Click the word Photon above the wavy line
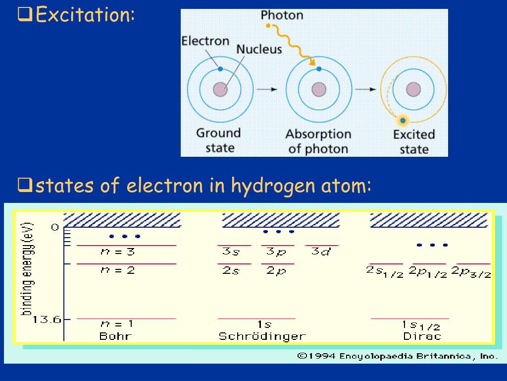282,15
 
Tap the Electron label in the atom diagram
205,41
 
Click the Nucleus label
258,49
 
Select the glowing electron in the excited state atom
403,120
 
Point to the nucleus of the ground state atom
220,89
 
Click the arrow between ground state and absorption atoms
267,89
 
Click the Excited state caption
414,141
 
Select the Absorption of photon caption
318,141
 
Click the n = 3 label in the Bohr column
117,252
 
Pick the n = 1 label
116,324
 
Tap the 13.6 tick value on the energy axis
47,319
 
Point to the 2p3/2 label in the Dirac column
473,271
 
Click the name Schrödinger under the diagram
262,336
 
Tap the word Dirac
422,336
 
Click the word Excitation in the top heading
84,15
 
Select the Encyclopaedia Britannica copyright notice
397,356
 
